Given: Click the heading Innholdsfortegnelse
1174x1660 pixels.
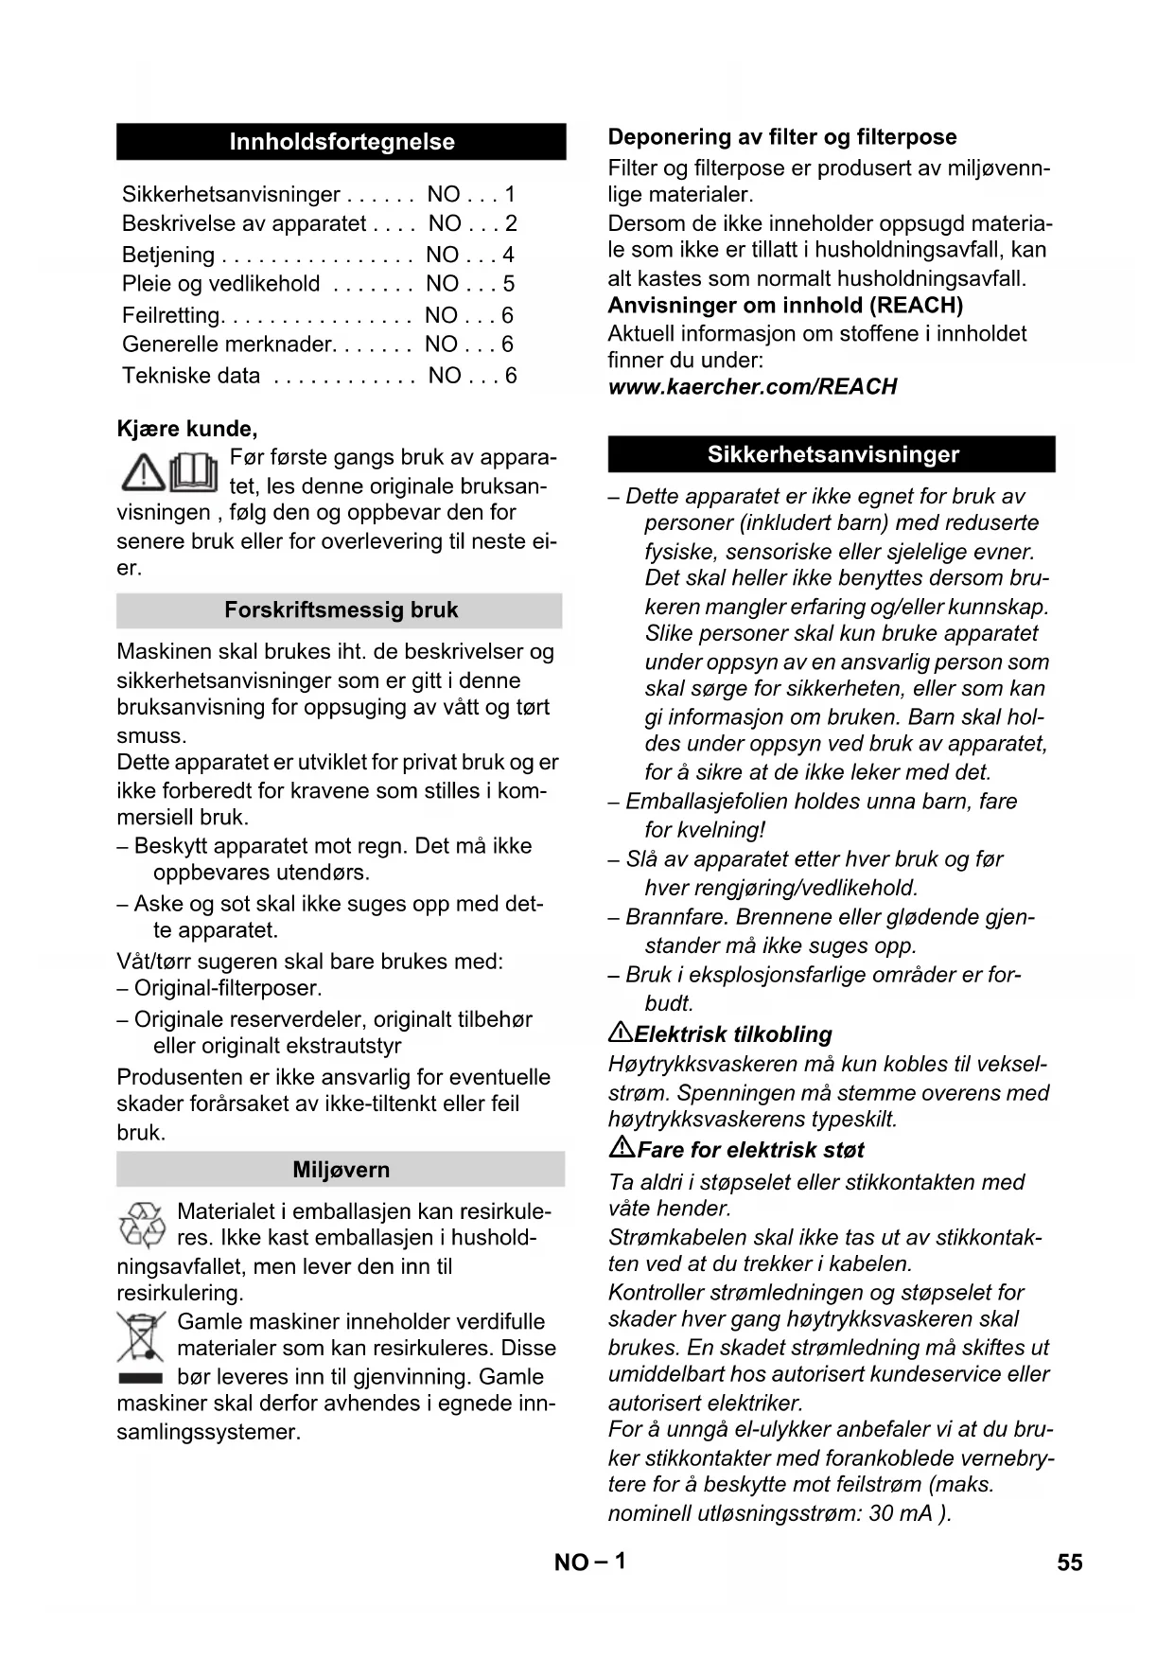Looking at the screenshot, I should (x=342, y=142).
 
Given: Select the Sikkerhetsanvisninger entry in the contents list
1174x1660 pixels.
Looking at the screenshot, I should (x=231, y=195).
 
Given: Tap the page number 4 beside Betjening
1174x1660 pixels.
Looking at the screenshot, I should (x=508, y=255).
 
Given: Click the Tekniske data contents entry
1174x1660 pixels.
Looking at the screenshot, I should (x=191, y=376).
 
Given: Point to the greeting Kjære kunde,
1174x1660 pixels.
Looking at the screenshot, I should (x=187, y=429).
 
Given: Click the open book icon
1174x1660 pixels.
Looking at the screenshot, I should (x=195, y=472).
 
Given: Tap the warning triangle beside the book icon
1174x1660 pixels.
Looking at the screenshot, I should (x=143, y=472).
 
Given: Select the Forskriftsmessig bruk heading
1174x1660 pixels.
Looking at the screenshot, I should (x=341, y=610).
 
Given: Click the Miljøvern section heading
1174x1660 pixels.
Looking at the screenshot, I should (x=341, y=1170).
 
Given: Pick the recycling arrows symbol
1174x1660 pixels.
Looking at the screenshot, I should (x=143, y=1225).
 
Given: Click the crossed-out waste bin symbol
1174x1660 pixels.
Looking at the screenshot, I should (x=141, y=1336).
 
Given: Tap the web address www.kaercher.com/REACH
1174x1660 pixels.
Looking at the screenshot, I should (x=752, y=387).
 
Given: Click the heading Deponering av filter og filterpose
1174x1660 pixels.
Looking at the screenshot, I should (x=782, y=137).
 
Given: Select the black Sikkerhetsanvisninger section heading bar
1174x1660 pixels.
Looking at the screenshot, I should (x=832, y=454).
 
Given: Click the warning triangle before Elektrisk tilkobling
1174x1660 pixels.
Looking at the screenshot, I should (x=620, y=1033).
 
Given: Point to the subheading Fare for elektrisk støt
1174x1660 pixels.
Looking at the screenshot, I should (x=750, y=1150).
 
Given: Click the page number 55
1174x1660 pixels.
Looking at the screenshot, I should (x=1069, y=1563).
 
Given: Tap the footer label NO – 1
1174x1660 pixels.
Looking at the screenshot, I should (x=589, y=1562).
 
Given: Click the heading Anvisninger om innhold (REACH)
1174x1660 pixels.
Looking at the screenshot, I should (x=785, y=306).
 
